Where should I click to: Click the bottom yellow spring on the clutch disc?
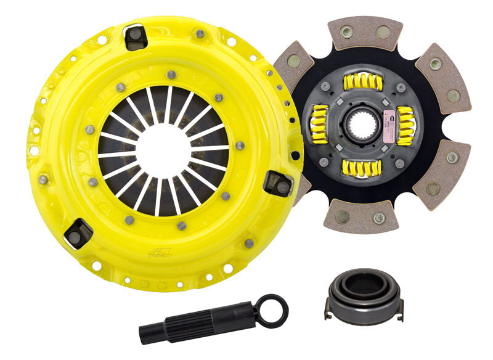click(364, 166)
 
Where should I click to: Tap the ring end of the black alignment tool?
click(272, 310)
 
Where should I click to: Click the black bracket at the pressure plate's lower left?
click(79, 232)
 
